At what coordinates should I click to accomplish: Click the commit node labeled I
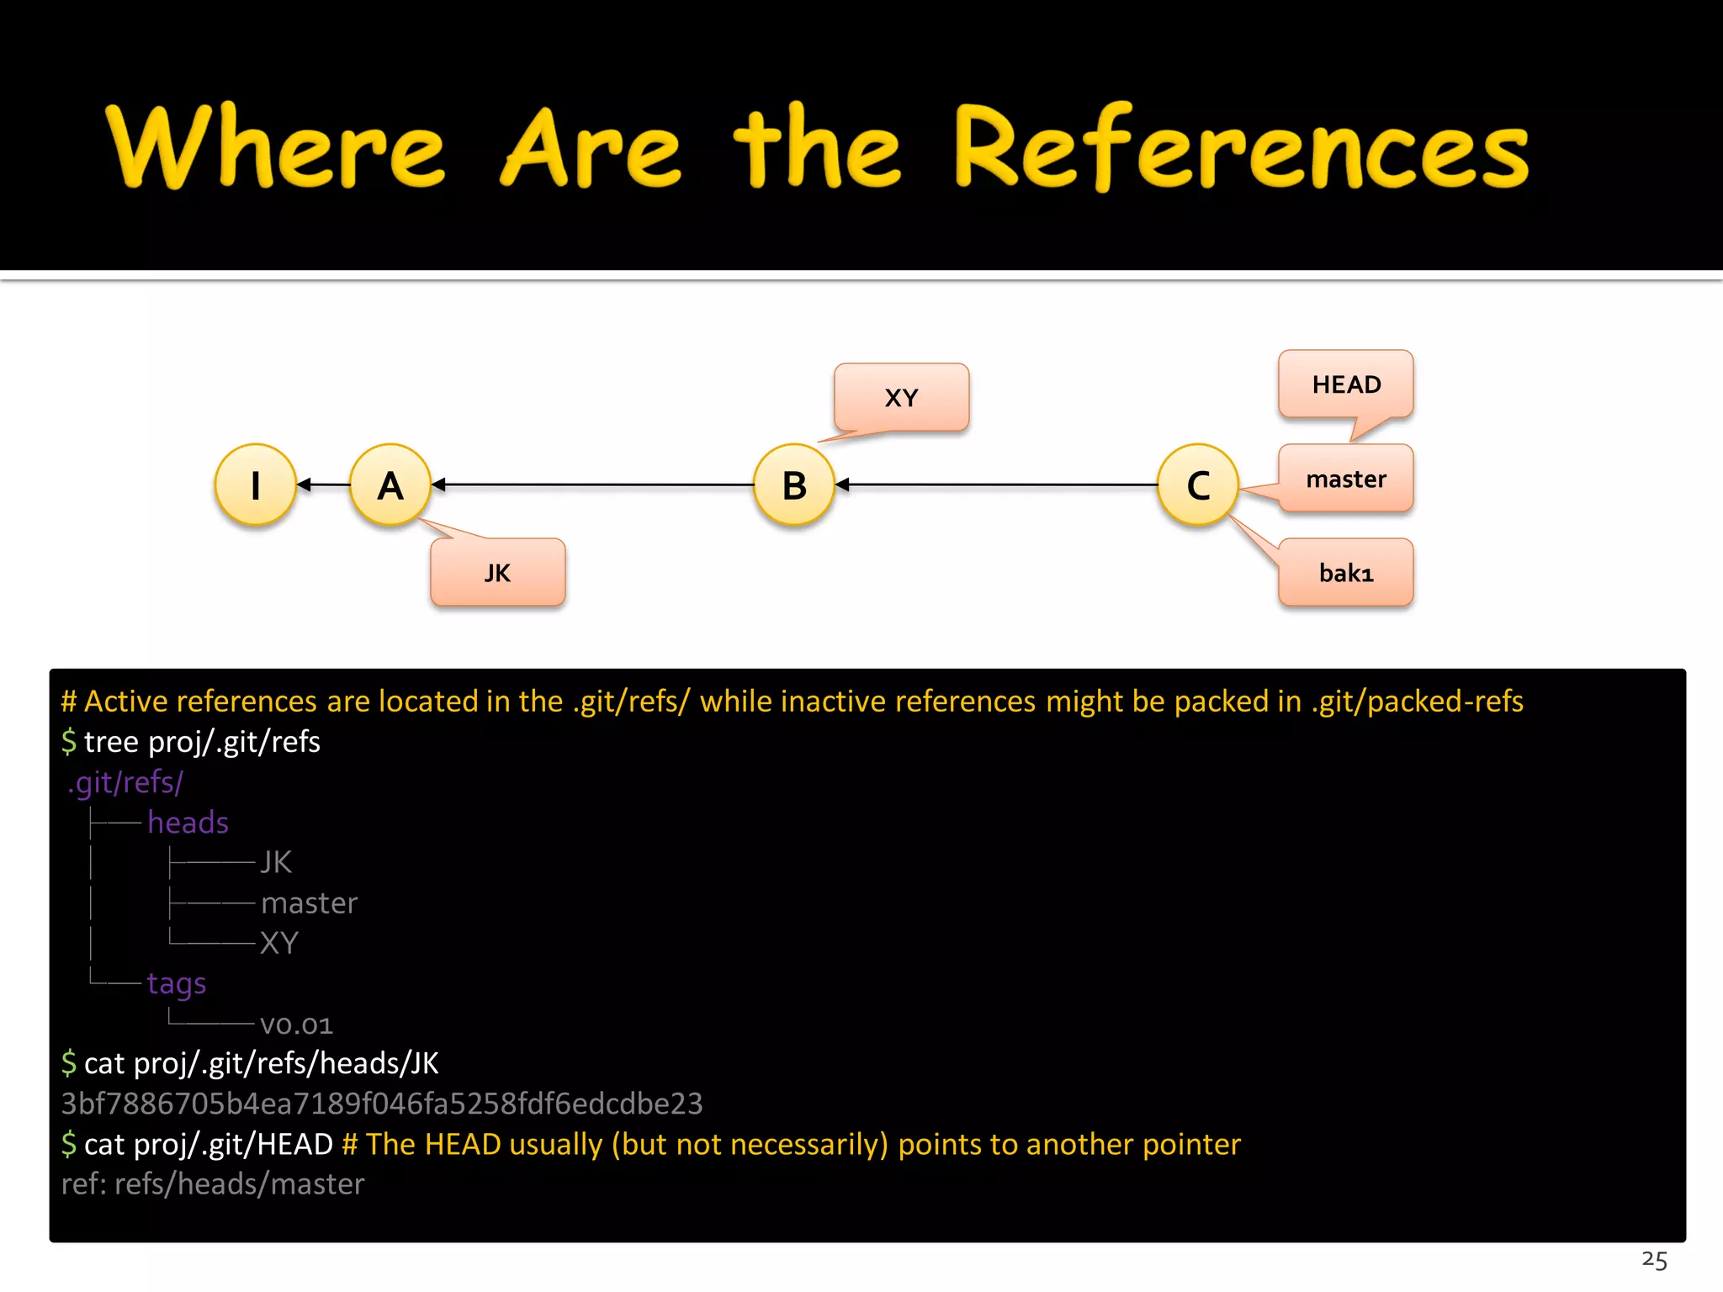coord(256,485)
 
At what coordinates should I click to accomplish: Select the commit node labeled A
coord(390,485)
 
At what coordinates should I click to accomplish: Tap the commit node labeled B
coord(794,485)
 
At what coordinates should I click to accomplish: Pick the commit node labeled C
coord(1198,485)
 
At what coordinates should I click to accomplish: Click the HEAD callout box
coord(1345,384)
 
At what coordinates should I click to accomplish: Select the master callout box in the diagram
coord(1345,479)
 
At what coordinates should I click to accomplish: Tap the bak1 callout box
coord(1345,573)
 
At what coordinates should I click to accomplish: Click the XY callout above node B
coord(901,397)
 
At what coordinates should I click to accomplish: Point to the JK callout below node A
coord(497,573)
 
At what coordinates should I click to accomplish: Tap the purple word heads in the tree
coord(188,823)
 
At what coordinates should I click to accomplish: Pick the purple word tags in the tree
coord(176,983)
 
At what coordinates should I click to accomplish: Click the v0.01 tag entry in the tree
coord(296,1024)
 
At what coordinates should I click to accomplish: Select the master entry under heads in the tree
coord(309,903)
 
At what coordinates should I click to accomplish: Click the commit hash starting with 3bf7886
coord(382,1104)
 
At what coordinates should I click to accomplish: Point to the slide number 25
coord(1654,1260)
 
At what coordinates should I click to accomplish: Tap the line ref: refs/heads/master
coord(213,1184)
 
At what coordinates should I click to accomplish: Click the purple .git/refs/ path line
coord(125,782)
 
